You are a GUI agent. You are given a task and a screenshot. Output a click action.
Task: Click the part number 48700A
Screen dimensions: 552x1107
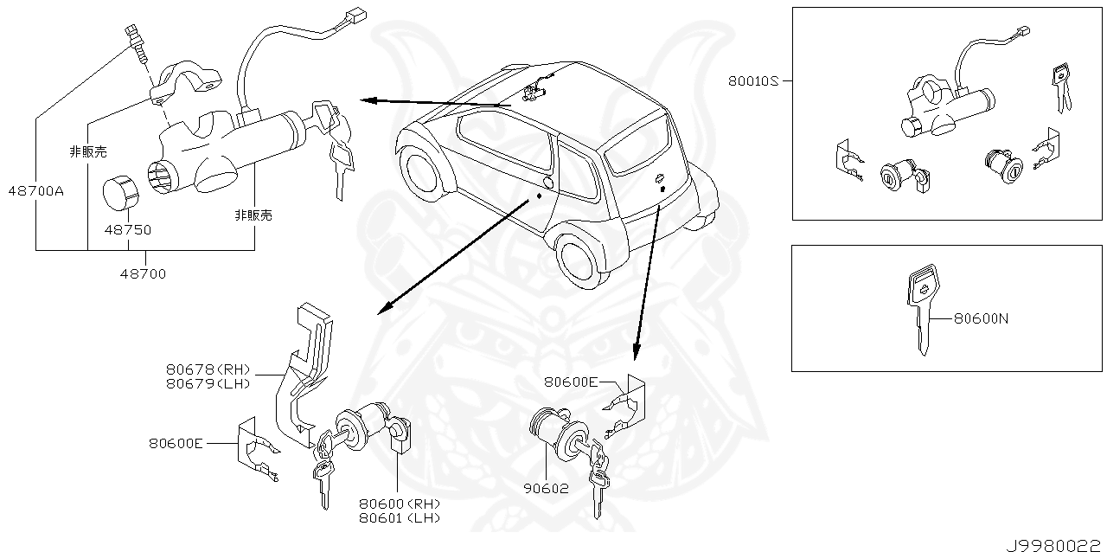point(35,191)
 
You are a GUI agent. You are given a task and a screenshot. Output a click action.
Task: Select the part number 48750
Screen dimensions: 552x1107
point(128,230)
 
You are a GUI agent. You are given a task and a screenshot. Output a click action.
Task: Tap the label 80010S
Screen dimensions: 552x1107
point(753,81)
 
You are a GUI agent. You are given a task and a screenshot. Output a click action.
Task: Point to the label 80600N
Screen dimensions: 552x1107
point(981,318)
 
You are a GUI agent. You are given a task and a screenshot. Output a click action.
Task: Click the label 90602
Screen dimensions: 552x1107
point(547,488)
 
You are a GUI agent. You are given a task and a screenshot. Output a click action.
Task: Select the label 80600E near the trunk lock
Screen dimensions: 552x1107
point(572,382)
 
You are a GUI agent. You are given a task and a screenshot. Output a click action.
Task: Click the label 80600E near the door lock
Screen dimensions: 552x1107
point(176,443)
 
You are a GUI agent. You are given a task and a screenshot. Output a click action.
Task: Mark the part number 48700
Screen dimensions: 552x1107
point(144,273)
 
